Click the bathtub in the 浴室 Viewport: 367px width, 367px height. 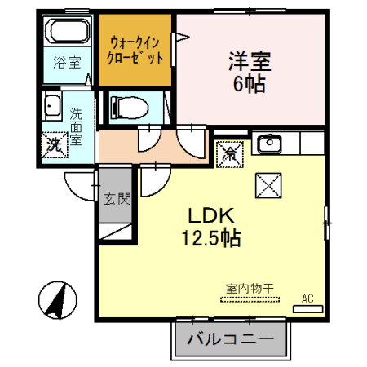coord(67,30)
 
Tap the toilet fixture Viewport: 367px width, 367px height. coord(129,108)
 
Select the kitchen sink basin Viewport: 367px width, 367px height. coord(269,144)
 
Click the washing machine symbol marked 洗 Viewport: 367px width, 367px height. coord(55,144)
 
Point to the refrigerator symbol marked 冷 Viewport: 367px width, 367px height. coord(229,154)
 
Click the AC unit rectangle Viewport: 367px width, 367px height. coord(307,309)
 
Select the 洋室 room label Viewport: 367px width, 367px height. coord(250,61)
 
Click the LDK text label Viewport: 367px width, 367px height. coord(211,215)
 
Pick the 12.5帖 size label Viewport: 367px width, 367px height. coord(211,238)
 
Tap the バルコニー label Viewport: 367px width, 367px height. coord(231,339)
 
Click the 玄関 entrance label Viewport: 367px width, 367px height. coord(117,199)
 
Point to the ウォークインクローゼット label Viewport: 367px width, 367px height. coord(135,51)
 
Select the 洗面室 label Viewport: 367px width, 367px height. coord(76,126)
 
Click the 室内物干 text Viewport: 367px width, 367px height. coord(250,289)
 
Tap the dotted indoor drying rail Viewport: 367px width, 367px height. coord(250,300)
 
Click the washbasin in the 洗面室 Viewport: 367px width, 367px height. coord(52,105)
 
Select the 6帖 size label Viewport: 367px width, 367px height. coord(250,83)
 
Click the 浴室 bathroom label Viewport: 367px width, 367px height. coord(67,62)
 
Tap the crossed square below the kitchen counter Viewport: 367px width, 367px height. coord(268,185)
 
